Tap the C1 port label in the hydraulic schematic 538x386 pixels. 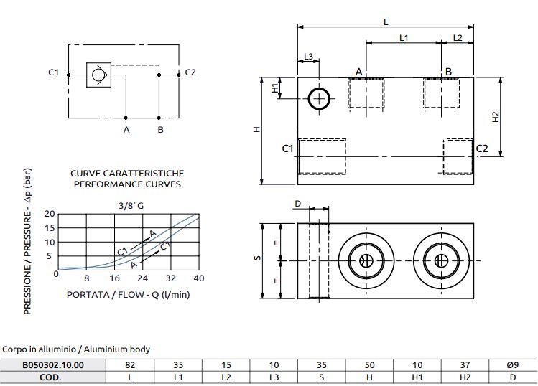pyautogui.click(x=53, y=72)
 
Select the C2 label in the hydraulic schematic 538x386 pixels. pyautogui.click(x=190, y=72)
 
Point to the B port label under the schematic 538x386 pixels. pyautogui.click(x=161, y=130)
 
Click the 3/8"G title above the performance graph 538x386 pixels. pyautogui.click(x=131, y=206)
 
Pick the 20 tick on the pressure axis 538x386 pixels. pyautogui.click(x=50, y=214)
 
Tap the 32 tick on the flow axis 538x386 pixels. pyautogui.click(x=171, y=278)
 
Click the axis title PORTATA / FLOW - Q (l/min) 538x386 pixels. pyautogui.click(x=128, y=294)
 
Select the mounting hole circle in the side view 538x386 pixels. pyautogui.click(x=318, y=99)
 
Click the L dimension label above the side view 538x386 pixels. pyautogui.click(x=386, y=22)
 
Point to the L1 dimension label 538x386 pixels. pyautogui.click(x=404, y=37)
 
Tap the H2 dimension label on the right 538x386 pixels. pyautogui.click(x=496, y=117)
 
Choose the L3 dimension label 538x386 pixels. pyautogui.click(x=308, y=57)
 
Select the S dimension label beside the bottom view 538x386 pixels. pyautogui.click(x=257, y=259)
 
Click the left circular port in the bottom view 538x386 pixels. pyautogui.click(x=364, y=260)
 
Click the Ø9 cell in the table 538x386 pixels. pyautogui.click(x=512, y=364)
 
